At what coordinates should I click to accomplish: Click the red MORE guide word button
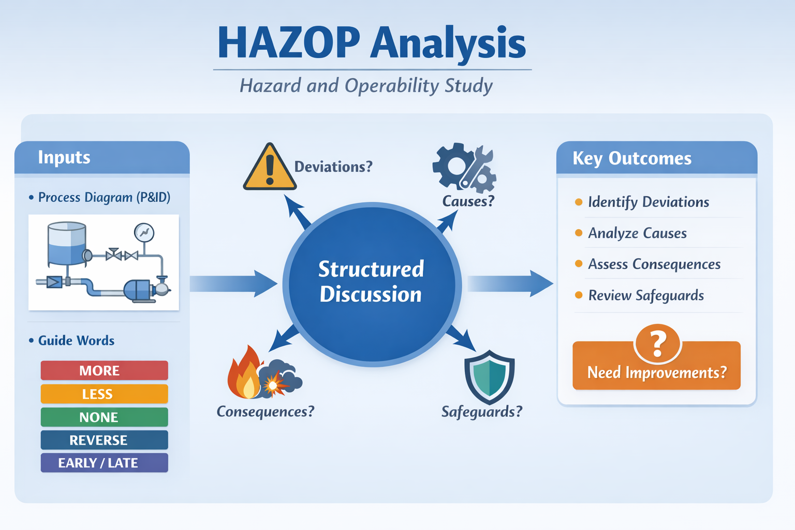click(x=104, y=371)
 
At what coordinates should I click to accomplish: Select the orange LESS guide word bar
click(x=104, y=394)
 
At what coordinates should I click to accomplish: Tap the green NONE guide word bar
click(x=104, y=417)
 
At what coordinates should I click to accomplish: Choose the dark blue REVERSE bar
click(x=104, y=440)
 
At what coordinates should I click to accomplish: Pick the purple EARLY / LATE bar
click(x=104, y=463)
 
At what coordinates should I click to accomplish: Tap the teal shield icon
click(x=489, y=376)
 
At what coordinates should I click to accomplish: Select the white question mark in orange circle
click(x=657, y=344)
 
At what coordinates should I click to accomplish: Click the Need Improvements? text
click(x=656, y=373)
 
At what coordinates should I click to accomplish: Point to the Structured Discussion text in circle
click(x=371, y=282)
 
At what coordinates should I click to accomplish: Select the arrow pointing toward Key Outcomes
click(x=510, y=284)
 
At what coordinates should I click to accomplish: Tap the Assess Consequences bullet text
click(x=654, y=264)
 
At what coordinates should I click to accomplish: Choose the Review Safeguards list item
click(x=645, y=296)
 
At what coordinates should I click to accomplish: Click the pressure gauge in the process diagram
click(x=144, y=233)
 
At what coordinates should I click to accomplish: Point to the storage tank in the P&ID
click(x=67, y=243)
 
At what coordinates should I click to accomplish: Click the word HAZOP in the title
click(x=288, y=43)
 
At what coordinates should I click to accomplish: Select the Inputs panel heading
click(x=64, y=157)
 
